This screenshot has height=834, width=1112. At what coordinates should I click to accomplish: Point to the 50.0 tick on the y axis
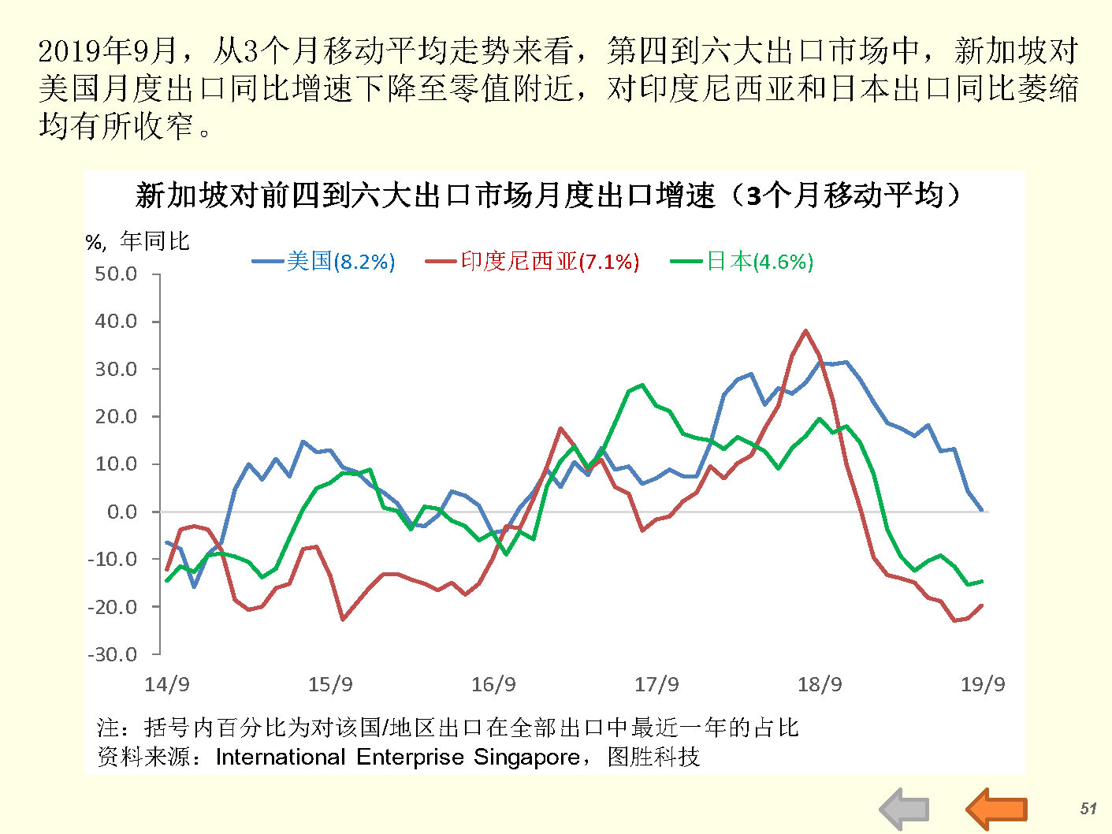(116, 274)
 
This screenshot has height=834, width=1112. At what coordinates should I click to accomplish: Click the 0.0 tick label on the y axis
(121, 512)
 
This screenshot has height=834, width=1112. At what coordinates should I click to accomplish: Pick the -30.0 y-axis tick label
(113, 654)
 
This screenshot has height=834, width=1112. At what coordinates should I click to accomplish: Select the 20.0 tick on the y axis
(116, 416)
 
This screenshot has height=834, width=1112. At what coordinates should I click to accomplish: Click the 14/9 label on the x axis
(167, 684)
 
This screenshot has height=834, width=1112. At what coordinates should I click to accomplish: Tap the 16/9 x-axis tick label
(493, 684)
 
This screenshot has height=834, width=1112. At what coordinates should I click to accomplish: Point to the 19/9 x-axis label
(983, 684)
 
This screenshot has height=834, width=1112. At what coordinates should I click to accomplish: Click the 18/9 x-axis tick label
(820, 684)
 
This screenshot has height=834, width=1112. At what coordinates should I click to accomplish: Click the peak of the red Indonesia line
(805, 331)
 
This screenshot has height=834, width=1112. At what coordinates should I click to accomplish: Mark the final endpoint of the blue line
(981, 510)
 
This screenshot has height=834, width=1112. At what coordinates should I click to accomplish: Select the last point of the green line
(981, 582)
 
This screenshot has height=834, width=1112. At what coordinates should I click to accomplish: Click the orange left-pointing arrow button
(996, 809)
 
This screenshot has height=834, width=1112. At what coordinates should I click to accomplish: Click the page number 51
(1088, 808)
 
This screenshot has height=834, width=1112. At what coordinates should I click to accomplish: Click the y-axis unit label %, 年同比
(138, 241)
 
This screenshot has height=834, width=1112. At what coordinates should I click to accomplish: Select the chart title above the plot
(549, 195)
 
